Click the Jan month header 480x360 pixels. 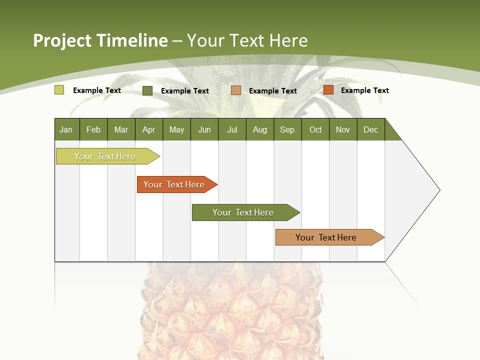point(66,129)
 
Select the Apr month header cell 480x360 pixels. point(149,129)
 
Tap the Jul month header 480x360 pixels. point(232,129)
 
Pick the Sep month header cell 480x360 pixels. point(287,129)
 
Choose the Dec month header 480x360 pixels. point(370,129)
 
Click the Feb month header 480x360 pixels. point(93,129)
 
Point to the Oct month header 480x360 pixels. point(315,129)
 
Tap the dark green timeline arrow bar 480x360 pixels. point(243,212)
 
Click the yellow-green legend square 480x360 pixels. point(59,90)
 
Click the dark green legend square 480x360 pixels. point(147,90)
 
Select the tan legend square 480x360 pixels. point(236,90)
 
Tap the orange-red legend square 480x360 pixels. point(328,90)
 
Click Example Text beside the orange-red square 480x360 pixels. point(364,90)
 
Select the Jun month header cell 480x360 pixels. point(204,129)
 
